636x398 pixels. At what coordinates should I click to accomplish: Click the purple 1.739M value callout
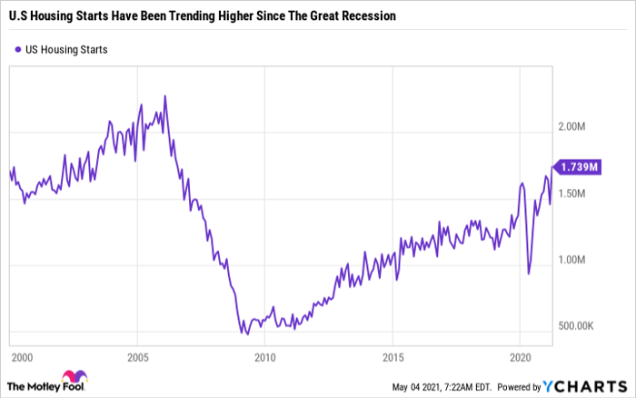point(579,166)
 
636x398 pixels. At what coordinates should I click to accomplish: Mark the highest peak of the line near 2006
point(164,95)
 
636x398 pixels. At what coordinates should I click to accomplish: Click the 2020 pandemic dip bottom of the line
point(529,273)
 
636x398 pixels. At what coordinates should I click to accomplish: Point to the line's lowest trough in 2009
point(245,333)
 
